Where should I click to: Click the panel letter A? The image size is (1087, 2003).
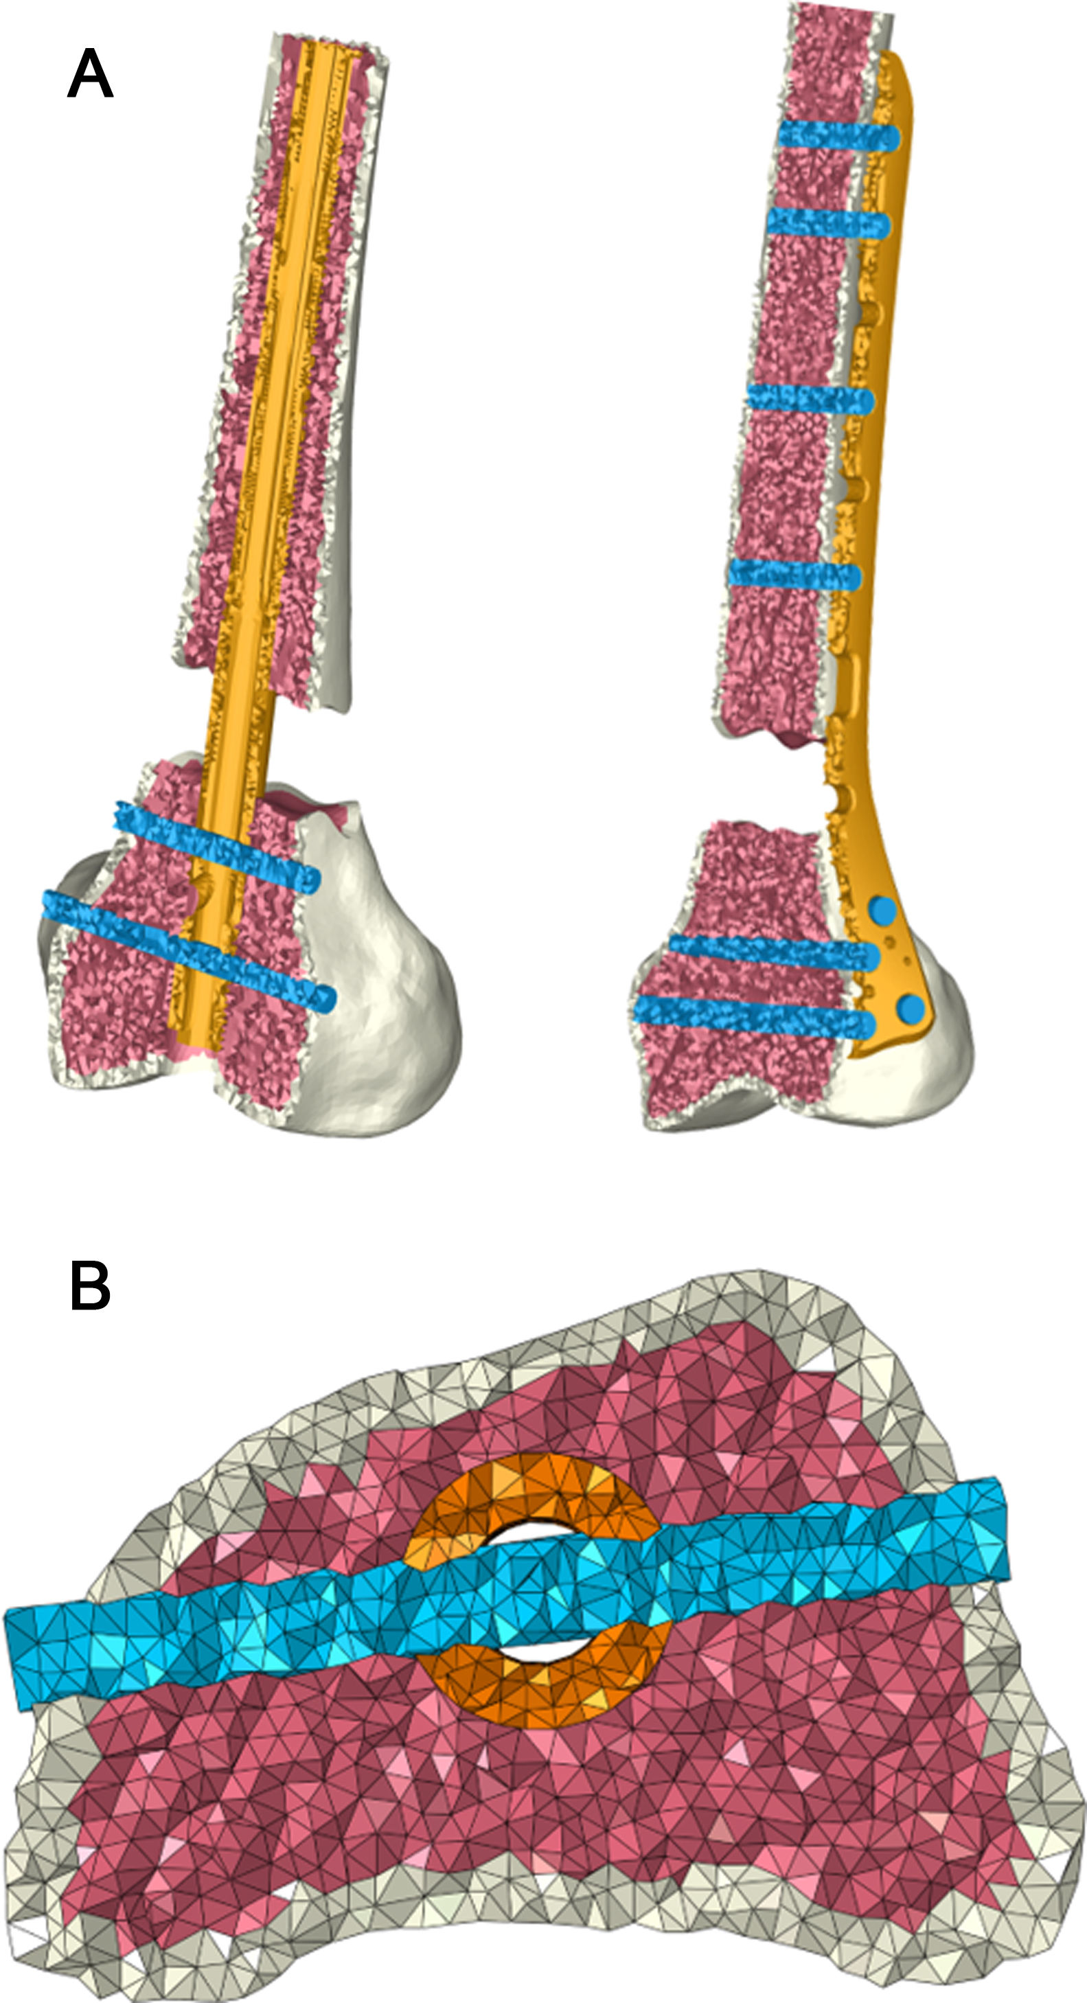coord(90,74)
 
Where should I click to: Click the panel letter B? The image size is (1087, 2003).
coord(90,1286)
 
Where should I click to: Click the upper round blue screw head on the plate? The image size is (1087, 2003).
coord(882,911)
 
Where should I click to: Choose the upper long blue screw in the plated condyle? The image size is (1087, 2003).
coord(774,952)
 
